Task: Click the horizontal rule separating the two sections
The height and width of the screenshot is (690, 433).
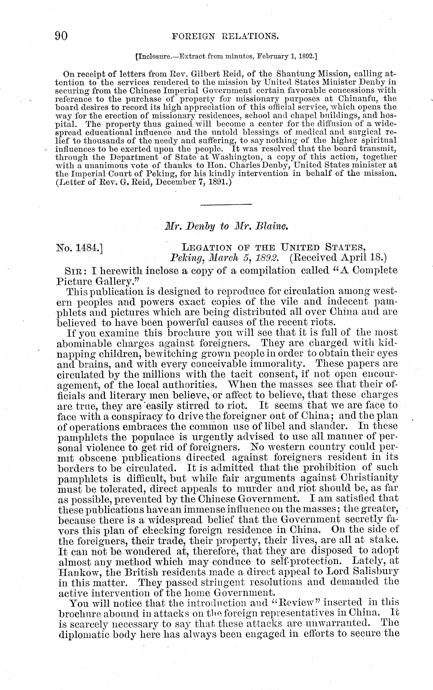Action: pos(226,204)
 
